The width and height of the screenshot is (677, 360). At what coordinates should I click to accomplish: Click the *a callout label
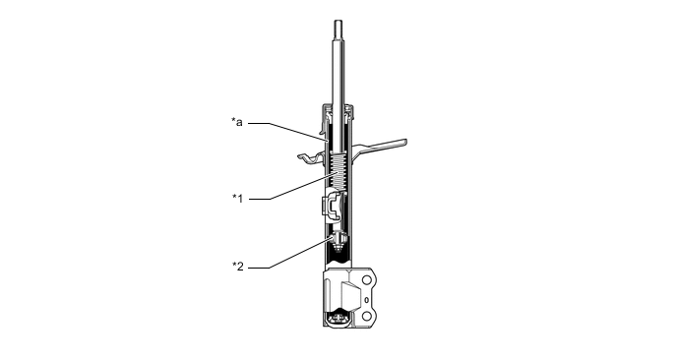tap(237, 122)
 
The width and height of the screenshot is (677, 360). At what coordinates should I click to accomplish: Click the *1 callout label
tap(237, 198)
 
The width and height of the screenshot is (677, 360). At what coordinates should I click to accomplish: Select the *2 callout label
tap(238, 267)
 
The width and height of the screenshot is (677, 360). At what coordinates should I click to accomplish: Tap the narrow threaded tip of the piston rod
tap(338, 30)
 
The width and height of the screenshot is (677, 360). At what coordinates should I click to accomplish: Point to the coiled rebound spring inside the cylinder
tap(338, 171)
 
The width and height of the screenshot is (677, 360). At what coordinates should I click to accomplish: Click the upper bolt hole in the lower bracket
tap(367, 280)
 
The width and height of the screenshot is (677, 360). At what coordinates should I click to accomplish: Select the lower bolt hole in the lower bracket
tap(367, 317)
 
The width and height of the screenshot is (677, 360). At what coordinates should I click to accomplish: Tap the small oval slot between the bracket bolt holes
tap(367, 300)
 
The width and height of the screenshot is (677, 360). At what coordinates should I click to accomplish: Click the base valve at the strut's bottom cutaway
tap(338, 319)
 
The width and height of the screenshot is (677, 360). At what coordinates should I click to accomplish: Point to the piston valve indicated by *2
tap(338, 241)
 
